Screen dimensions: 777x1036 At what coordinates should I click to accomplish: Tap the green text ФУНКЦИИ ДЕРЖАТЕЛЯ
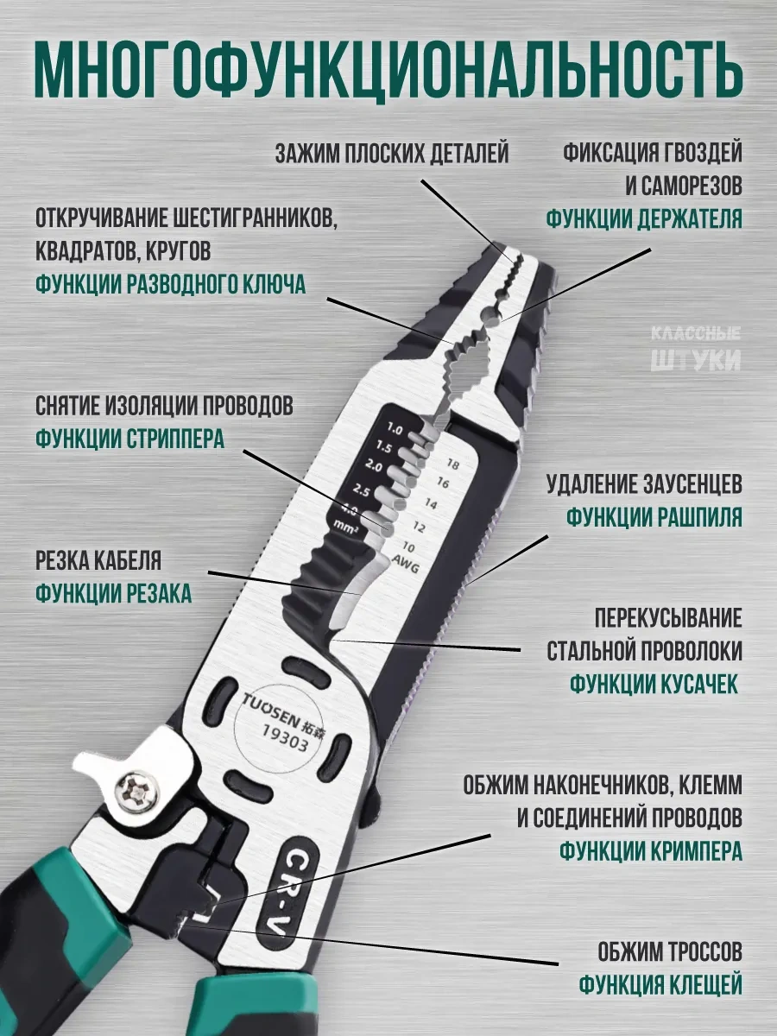click(x=644, y=218)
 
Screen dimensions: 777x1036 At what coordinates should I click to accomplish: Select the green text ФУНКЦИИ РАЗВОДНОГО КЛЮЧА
click(x=171, y=285)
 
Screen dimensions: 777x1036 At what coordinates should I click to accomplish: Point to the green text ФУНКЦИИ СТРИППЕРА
click(x=130, y=439)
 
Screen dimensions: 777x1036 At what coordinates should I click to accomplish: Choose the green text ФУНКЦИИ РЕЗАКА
click(x=114, y=593)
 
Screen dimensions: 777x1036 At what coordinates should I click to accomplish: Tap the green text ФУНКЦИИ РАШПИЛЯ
click(x=654, y=517)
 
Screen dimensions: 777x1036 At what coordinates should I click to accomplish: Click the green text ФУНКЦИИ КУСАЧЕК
click(x=654, y=685)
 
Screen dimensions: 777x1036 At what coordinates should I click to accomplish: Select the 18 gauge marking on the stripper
click(x=452, y=464)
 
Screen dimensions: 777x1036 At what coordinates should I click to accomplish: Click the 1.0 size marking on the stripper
click(x=395, y=429)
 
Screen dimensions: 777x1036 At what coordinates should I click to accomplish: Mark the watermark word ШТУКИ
click(x=696, y=360)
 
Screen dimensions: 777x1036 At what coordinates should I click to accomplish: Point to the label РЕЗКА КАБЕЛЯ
click(x=98, y=560)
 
